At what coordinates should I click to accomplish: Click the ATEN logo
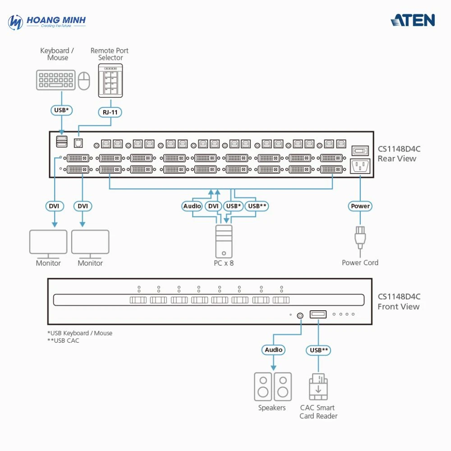(x=413, y=20)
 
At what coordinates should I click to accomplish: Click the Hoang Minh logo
(x=47, y=22)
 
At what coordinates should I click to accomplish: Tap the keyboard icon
(x=55, y=80)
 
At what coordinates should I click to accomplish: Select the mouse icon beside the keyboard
(x=84, y=81)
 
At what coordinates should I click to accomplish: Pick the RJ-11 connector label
(x=110, y=112)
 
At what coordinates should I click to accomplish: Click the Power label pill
(x=360, y=206)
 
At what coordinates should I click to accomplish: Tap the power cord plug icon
(x=360, y=237)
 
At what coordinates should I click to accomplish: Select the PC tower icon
(x=224, y=241)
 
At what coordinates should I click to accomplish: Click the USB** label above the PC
(x=258, y=206)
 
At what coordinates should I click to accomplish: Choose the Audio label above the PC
(x=192, y=206)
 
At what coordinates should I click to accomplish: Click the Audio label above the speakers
(x=273, y=350)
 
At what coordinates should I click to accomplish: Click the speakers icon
(x=272, y=387)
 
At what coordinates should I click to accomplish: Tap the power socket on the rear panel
(x=360, y=166)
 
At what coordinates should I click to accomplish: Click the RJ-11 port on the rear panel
(x=78, y=143)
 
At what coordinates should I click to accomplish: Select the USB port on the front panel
(x=318, y=314)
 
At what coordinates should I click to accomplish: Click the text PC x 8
(x=224, y=263)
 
